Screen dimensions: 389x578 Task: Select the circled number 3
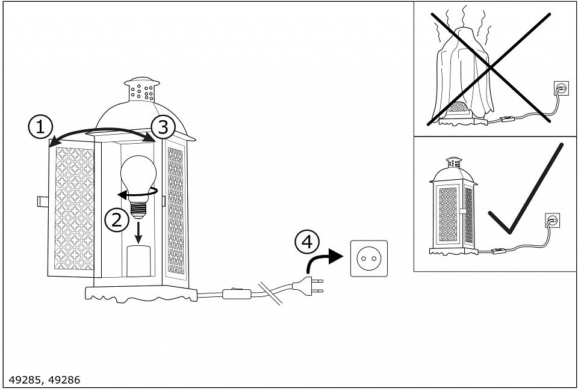(x=163, y=127)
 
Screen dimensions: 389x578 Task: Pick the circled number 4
(x=306, y=242)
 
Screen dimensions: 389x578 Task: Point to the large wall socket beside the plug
(x=369, y=259)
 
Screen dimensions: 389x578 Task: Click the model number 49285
(x=23, y=380)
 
